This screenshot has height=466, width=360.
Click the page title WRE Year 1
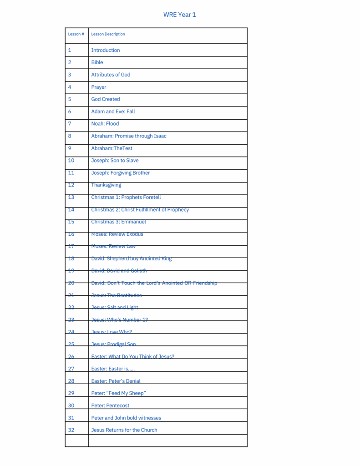tap(179, 15)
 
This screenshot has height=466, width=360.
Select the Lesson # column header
tap(76, 34)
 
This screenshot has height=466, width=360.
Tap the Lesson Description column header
tap(108, 34)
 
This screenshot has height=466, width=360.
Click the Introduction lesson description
tap(106, 50)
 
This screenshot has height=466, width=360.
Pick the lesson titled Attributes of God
tap(111, 75)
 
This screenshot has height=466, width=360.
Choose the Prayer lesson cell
tap(99, 87)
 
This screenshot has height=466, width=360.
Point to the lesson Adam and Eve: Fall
tap(113, 111)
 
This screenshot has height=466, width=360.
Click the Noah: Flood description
tap(105, 124)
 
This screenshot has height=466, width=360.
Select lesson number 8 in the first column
tap(70, 136)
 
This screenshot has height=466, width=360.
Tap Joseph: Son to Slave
tap(115, 161)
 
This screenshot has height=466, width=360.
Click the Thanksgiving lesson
tap(106, 185)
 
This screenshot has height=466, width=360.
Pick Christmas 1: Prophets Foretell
tap(126, 198)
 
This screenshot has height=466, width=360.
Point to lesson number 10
tap(71, 161)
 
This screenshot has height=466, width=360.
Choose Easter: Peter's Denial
tap(116, 381)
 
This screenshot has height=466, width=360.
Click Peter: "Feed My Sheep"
tap(118, 393)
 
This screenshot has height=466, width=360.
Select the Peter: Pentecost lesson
tap(110, 405)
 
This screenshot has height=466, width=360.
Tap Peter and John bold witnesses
tap(126, 418)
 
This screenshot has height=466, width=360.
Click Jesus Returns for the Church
tap(124, 430)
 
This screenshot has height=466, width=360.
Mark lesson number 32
tap(71, 430)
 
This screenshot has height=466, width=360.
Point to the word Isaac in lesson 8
tap(160, 136)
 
